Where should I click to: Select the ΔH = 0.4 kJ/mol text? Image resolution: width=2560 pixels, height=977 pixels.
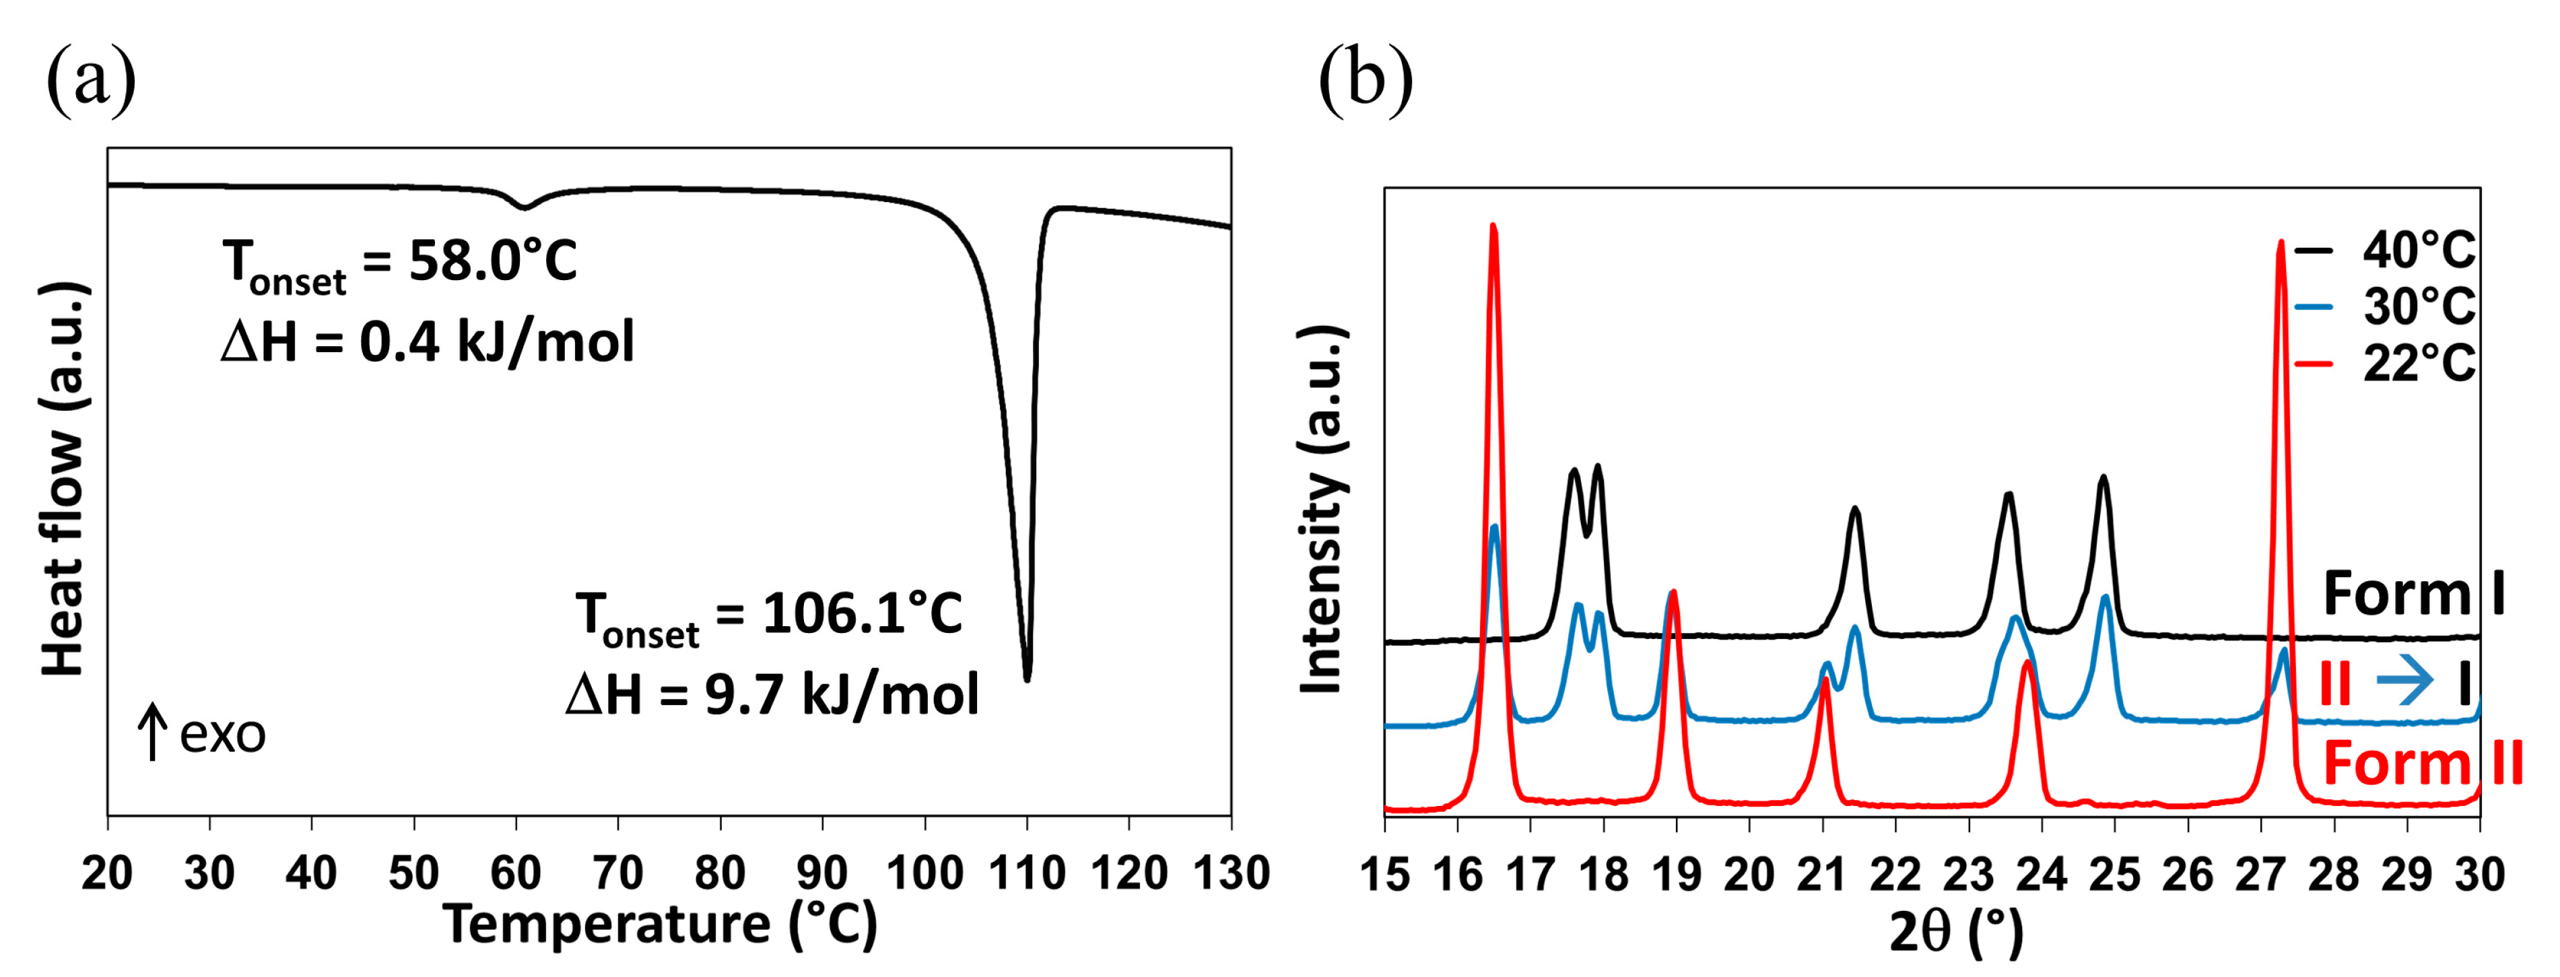(x=428, y=343)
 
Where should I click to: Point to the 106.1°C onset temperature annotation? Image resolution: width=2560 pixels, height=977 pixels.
(x=769, y=616)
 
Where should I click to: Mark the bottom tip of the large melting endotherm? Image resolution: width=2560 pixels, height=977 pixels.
(x=1027, y=679)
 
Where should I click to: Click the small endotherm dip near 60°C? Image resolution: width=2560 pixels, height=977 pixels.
(x=525, y=207)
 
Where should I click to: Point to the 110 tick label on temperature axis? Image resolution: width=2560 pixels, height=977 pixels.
(x=1027, y=873)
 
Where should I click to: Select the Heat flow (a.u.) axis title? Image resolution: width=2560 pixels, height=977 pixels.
(x=63, y=479)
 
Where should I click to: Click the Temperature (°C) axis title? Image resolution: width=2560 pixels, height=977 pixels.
(x=660, y=925)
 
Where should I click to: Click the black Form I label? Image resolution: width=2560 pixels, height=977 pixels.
(x=2413, y=595)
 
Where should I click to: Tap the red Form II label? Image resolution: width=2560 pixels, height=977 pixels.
(x=2422, y=764)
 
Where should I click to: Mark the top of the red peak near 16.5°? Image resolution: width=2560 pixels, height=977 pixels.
(x=1493, y=227)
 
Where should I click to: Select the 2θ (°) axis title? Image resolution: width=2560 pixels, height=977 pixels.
(x=1956, y=933)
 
